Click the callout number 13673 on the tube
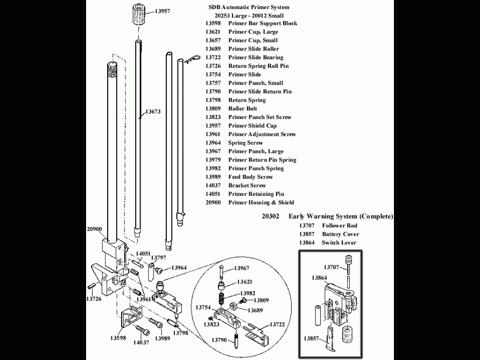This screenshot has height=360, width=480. [152, 112]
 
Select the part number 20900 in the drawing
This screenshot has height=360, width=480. [94, 229]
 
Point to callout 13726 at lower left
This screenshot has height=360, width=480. [95, 298]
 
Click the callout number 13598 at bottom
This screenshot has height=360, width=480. [118, 338]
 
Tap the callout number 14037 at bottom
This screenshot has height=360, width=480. [141, 342]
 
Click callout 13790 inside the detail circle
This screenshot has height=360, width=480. [218, 340]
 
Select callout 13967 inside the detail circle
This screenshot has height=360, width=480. [242, 268]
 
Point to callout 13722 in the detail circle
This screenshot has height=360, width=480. [277, 324]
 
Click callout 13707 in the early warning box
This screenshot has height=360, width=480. [331, 267]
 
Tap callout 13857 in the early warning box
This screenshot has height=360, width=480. [312, 338]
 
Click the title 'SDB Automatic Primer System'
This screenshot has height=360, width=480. [249, 7]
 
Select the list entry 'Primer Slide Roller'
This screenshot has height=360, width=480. [253, 49]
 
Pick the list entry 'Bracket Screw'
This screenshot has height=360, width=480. [247, 186]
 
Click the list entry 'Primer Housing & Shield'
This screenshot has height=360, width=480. [261, 202]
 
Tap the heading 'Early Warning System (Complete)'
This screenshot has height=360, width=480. [341, 216]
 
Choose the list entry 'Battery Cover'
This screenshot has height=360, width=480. [341, 234]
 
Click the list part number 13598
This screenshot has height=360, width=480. [214, 23]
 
